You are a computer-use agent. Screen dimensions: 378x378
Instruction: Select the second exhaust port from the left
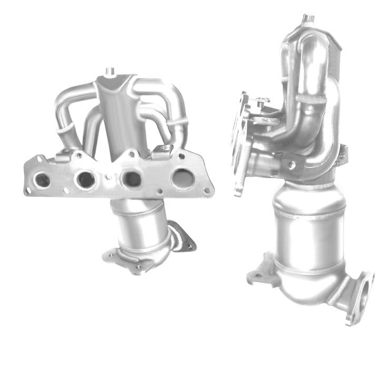click(x=85, y=180)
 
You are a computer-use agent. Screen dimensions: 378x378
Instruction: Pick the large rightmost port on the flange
click(x=182, y=178)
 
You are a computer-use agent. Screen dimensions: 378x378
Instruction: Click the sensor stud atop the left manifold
click(x=110, y=71)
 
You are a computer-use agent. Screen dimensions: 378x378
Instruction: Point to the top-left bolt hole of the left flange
click(x=39, y=158)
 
